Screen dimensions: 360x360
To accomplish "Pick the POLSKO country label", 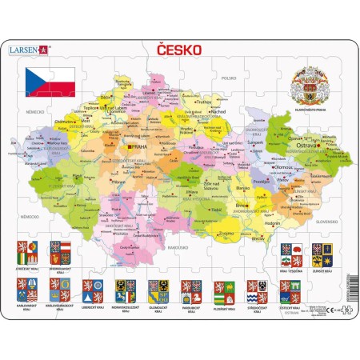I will point(230,78).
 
